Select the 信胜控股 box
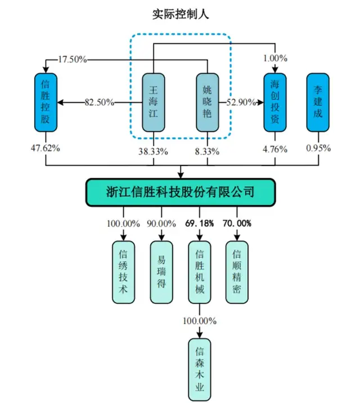pyautogui.click(x=46, y=102)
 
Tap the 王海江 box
pyautogui.click(x=153, y=102)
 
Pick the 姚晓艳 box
pyautogui.click(x=207, y=102)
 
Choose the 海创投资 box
pyautogui.click(x=275, y=102)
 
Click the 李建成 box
pyautogui.click(x=317, y=102)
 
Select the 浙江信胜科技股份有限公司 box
pyautogui.click(x=180, y=192)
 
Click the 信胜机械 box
pyautogui.click(x=199, y=272)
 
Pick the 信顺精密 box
pyautogui.click(x=237, y=272)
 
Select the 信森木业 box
pyautogui.click(x=199, y=366)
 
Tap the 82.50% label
pyautogui.click(x=99, y=102)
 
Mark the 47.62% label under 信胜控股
pyautogui.click(x=44, y=149)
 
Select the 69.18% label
pyautogui.click(x=199, y=223)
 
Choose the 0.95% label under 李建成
pyautogui.click(x=318, y=149)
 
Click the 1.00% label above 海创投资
pyautogui.click(x=275, y=59)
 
